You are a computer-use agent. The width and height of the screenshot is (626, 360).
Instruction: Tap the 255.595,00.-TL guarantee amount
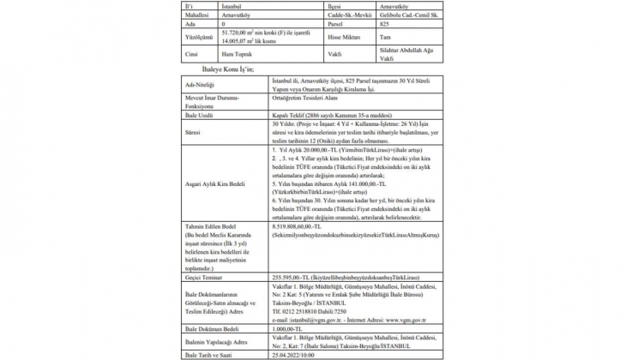point(292,277)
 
